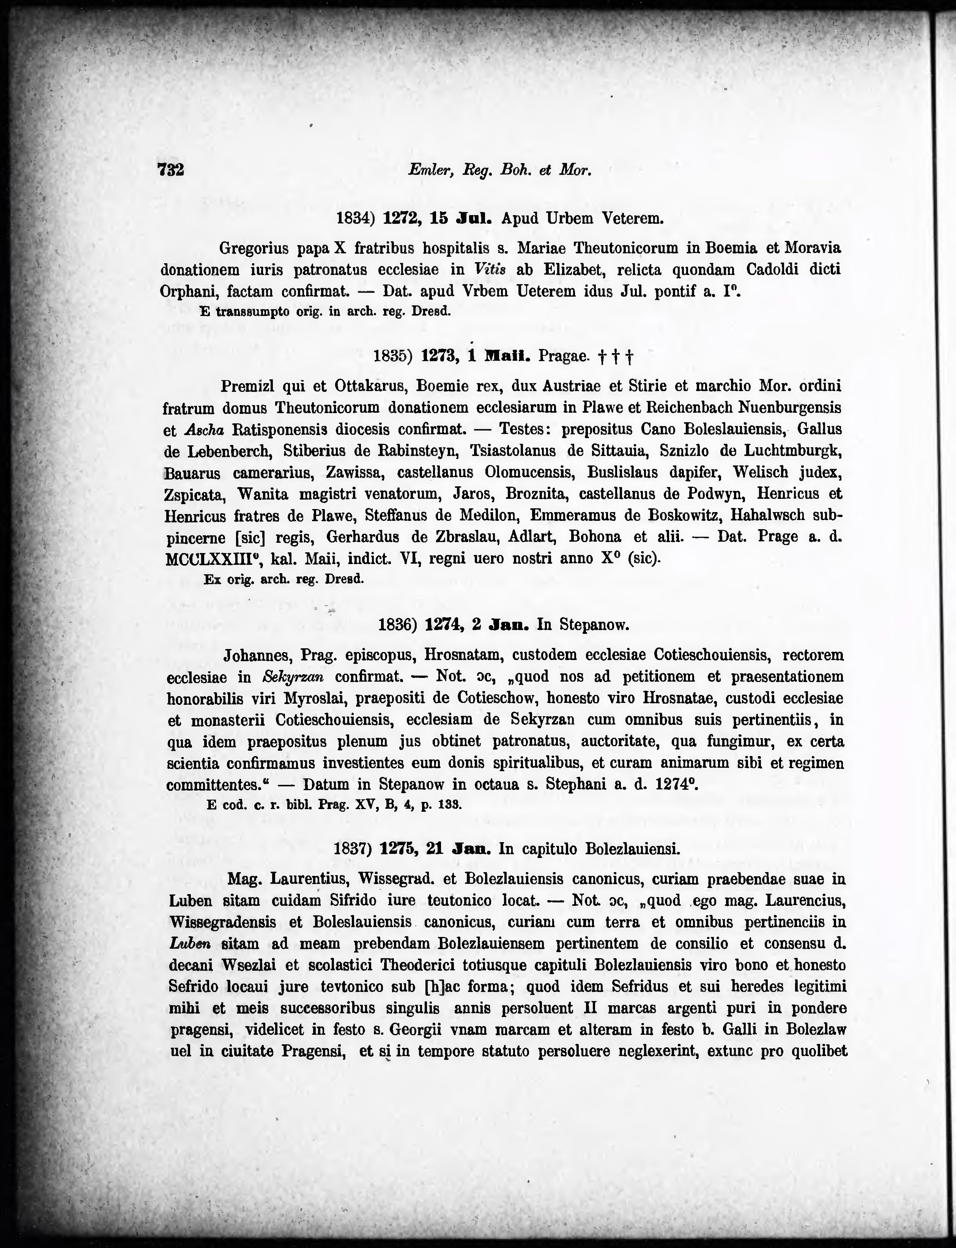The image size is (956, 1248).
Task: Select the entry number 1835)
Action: coord(392,356)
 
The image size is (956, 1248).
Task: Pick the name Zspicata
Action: coord(194,494)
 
